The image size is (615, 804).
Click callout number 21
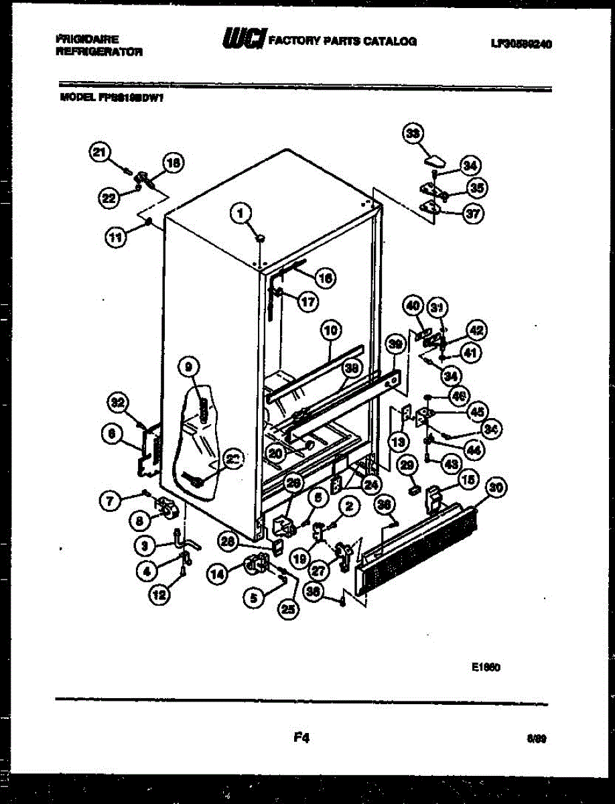pos(100,153)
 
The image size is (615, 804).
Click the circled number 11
pos(118,235)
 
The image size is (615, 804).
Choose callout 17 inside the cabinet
pos(307,301)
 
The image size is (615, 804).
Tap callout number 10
pos(331,330)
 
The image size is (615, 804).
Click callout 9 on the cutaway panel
pos(190,366)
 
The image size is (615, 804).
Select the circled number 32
pos(118,403)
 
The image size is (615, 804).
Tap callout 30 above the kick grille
pos(495,488)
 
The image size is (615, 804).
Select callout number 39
pos(396,344)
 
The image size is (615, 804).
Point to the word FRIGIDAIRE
pos(87,40)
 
